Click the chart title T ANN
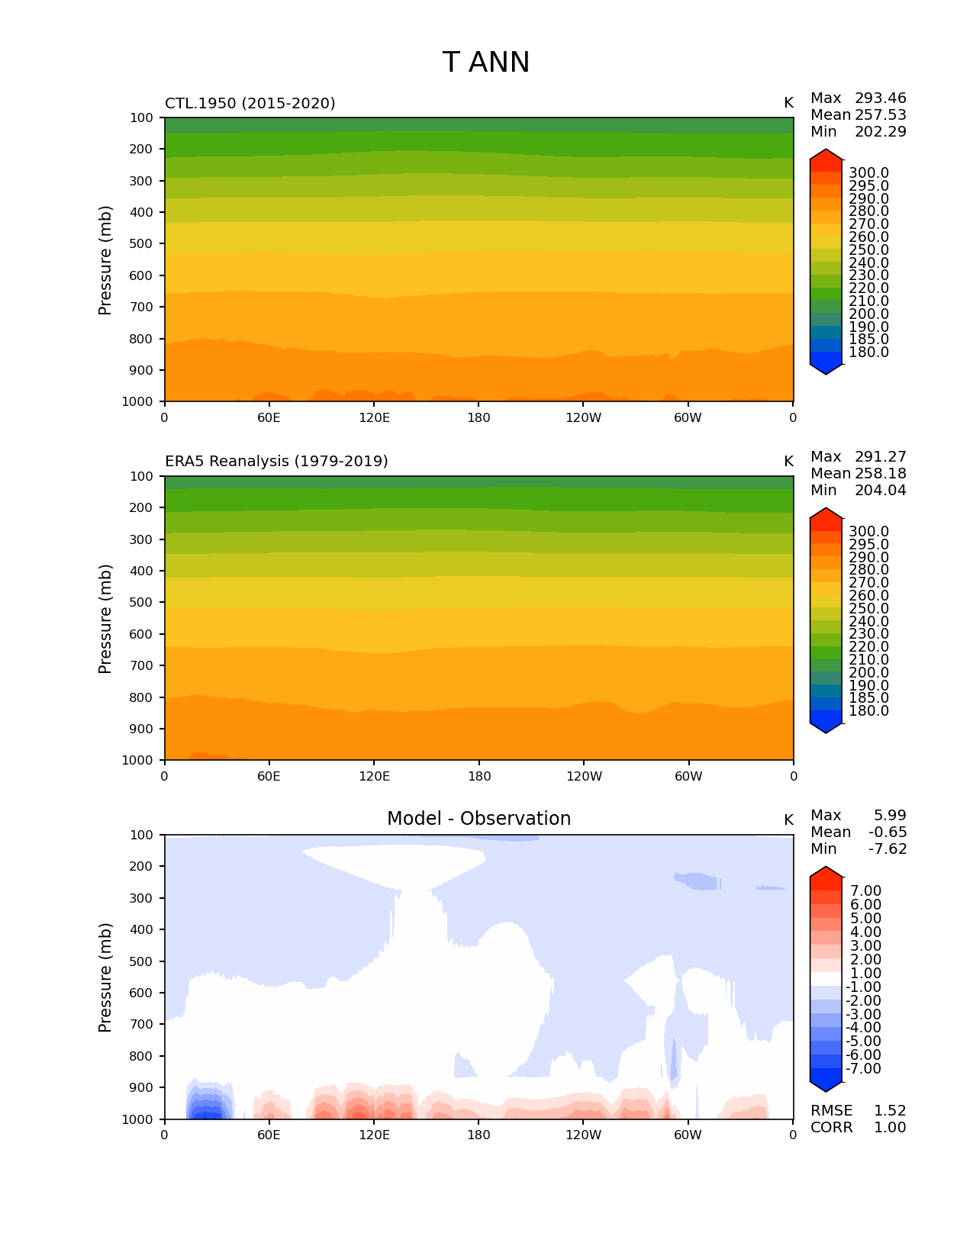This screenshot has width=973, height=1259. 485,63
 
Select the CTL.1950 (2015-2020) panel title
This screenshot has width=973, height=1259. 250,103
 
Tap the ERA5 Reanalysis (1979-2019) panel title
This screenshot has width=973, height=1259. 276,462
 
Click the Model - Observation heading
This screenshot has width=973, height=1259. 478,819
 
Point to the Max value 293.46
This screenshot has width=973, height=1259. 880,98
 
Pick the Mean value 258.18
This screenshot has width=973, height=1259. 880,474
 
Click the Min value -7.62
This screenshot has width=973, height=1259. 888,849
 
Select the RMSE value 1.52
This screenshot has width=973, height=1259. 890,1111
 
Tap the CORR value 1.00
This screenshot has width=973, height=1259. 890,1128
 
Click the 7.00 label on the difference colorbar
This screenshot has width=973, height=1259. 865,891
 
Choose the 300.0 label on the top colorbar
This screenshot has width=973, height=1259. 868,173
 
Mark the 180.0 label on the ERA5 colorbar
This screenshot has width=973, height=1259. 868,711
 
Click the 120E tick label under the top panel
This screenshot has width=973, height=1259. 374,418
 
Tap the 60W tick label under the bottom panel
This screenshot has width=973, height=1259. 688,1135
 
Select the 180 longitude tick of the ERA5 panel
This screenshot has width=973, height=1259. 478,777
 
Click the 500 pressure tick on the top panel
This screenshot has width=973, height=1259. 142,244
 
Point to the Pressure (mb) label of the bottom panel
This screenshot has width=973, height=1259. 105,977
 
